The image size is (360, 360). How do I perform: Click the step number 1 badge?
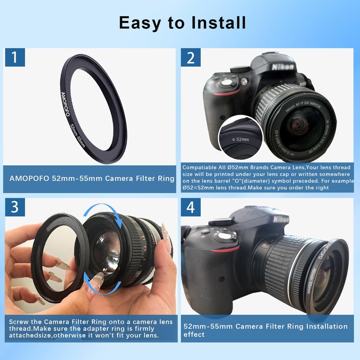pyautogui.click(x=16, y=58)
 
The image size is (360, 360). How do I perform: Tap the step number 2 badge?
pyautogui.click(x=191, y=58)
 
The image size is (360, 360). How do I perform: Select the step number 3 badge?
pyautogui.click(x=16, y=207)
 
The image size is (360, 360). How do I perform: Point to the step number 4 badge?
pyautogui.click(x=191, y=207)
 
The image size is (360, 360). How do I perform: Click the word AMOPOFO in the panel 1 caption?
pyautogui.click(x=29, y=178)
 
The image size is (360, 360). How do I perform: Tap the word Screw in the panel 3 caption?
pyautogui.click(x=20, y=322)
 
